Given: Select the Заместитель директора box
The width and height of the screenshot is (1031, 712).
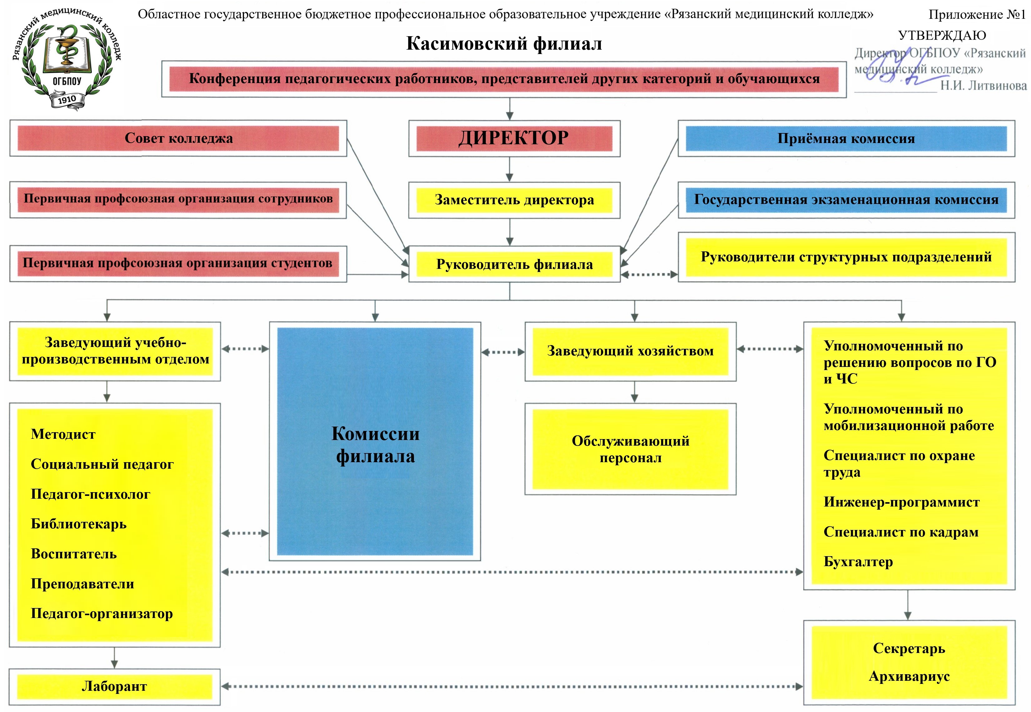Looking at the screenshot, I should point(514,200).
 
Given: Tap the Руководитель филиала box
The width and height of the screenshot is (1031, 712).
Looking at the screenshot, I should point(514,264).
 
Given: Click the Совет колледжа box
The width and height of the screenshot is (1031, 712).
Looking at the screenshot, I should point(178,138).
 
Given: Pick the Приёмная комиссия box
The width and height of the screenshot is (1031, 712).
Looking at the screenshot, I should point(846,138).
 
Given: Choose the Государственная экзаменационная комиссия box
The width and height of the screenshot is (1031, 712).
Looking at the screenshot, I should point(846,200).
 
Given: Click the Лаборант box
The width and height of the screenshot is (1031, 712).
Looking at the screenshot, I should point(114,686).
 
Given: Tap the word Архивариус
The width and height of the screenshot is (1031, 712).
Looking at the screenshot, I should point(909,676).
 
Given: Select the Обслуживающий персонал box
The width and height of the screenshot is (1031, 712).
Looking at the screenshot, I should point(630,449).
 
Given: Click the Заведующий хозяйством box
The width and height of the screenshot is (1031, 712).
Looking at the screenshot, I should point(630,351).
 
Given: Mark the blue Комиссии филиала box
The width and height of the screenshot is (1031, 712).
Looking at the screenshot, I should point(375,442).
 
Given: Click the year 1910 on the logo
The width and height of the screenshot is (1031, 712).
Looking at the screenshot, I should point(67,99).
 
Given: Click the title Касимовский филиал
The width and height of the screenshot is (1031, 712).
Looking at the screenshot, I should point(504,44).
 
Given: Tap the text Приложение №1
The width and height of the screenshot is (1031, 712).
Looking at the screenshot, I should point(977,15).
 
